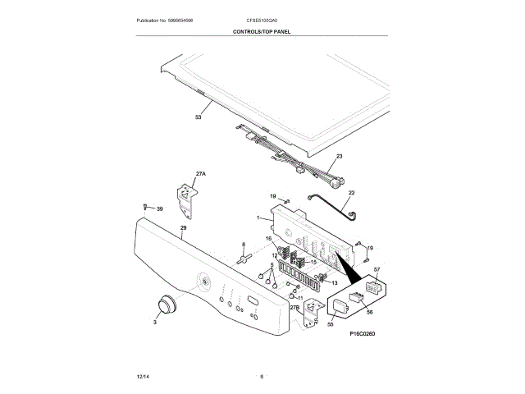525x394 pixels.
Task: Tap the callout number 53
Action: (x=198, y=117)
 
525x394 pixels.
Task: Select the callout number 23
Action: (x=339, y=157)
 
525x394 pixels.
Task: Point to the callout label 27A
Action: (x=201, y=174)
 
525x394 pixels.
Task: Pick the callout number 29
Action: (x=183, y=227)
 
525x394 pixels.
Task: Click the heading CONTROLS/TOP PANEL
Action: (x=262, y=31)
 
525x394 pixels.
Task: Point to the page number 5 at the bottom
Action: (x=262, y=376)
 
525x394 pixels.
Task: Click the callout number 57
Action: (x=377, y=270)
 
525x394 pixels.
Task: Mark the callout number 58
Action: (x=331, y=324)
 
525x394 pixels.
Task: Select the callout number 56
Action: (x=369, y=312)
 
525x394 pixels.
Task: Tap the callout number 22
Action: (x=351, y=193)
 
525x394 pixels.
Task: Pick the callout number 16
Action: (x=268, y=238)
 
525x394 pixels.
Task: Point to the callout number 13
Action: (x=335, y=282)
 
